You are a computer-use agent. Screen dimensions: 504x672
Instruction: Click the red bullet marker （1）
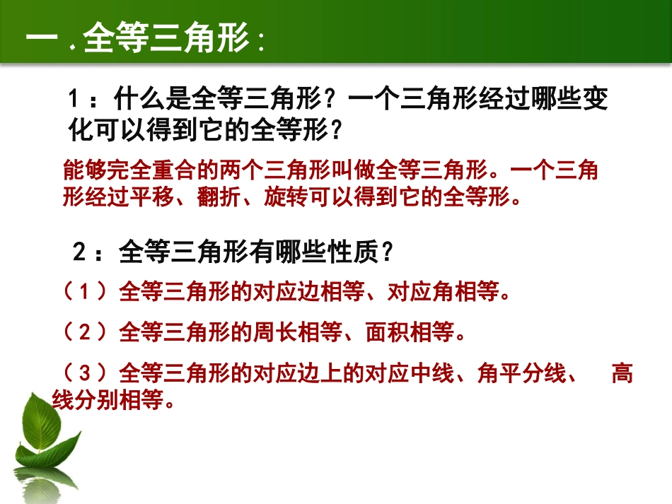pyautogui.click(x=83, y=291)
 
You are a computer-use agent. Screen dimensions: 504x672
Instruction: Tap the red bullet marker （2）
pyautogui.click(x=83, y=332)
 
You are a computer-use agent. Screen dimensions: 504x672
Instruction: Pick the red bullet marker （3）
pyautogui.click(x=83, y=373)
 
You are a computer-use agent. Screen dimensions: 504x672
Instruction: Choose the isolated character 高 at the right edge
pyautogui.click(x=622, y=373)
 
